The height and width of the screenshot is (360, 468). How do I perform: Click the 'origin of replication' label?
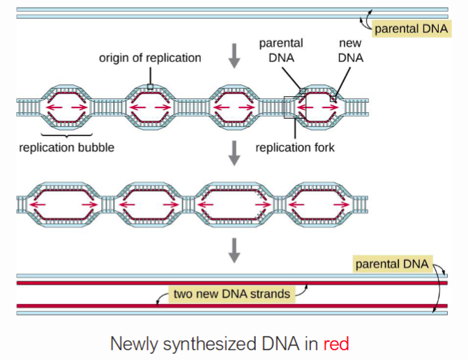[x=149, y=58]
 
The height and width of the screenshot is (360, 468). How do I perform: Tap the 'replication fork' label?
[x=295, y=148]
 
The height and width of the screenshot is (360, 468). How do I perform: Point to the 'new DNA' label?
[x=351, y=51]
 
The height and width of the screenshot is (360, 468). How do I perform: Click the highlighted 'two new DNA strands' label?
[x=232, y=294]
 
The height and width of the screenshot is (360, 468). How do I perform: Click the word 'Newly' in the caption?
[x=132, y=343]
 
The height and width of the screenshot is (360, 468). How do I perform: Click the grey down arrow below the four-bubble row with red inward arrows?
[x=234, y=155]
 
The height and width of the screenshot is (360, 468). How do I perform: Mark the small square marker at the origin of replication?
[x=150, y=87]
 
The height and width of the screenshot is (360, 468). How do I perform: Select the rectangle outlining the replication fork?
[x=294, y=107]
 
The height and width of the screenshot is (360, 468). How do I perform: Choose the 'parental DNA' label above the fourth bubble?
[x=281, y=51]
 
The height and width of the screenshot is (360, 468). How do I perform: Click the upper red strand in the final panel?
[x=209, y=283]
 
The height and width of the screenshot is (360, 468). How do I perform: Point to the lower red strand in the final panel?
[x=209, y=306]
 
